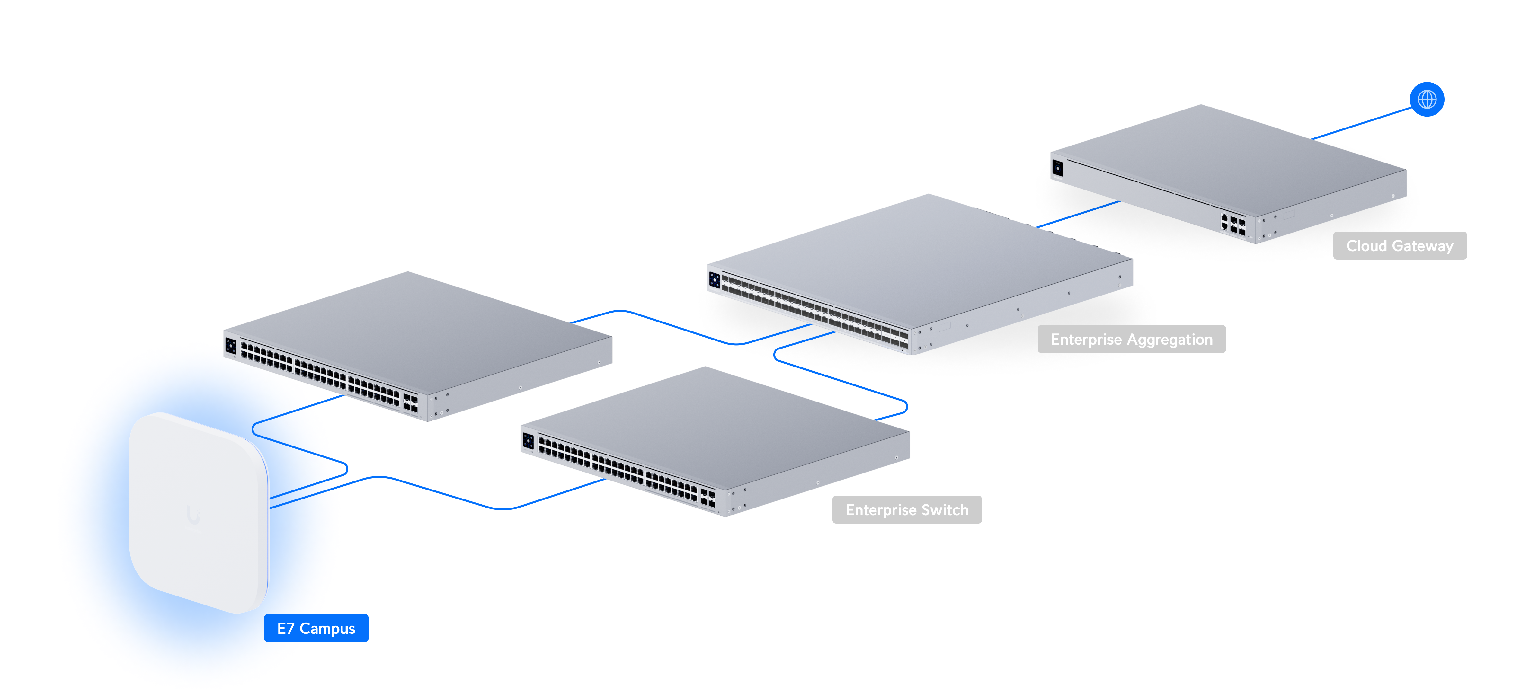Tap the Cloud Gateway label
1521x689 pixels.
pos(1399,246)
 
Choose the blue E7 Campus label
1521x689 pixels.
pos(316,628)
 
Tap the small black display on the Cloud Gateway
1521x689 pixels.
pos(1057,168)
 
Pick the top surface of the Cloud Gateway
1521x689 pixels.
pos(1228,156)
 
